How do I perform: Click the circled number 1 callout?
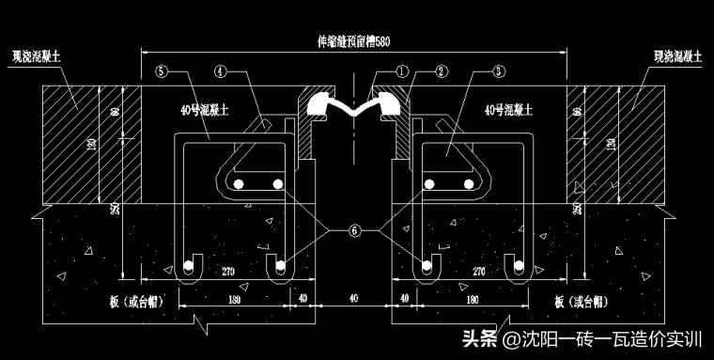(401, 70)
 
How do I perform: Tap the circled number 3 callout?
(498, 70)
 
